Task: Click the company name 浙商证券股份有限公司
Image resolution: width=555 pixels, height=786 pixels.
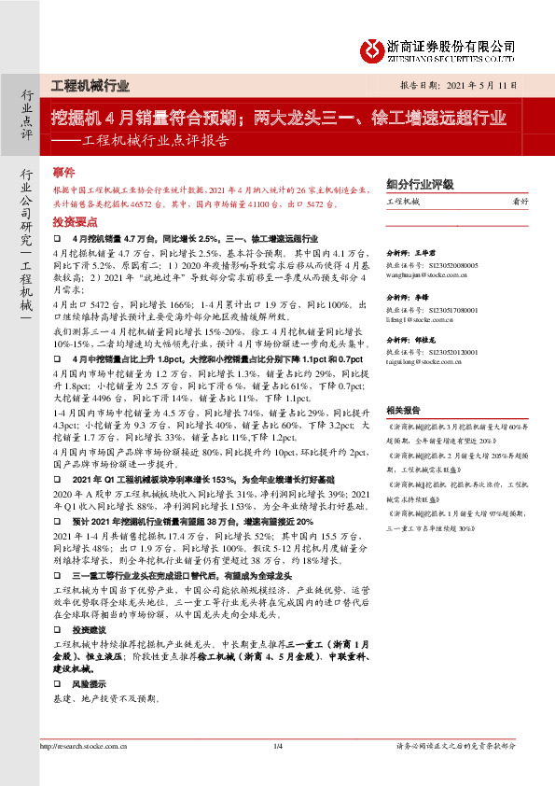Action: pyautogui.click(x=451, y=44)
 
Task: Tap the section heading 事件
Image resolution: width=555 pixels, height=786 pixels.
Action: pyautogui.click(x=63, y=173)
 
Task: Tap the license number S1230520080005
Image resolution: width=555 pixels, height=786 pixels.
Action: pyautogui.click(x=452, y=265)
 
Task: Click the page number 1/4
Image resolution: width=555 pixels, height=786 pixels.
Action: pyautogui.click(x=277, y=746)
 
